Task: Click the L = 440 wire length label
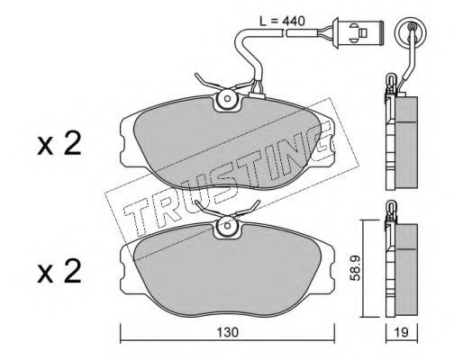point(282,21)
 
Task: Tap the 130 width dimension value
point(227,332)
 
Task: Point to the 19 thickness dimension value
point(402,332)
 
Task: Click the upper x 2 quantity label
point(59,144)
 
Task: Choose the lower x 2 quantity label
point(59,272)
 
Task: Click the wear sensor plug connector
point(358,31)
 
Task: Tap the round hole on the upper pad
point(227,99)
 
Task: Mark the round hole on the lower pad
point(227,226)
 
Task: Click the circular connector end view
point(410,30)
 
